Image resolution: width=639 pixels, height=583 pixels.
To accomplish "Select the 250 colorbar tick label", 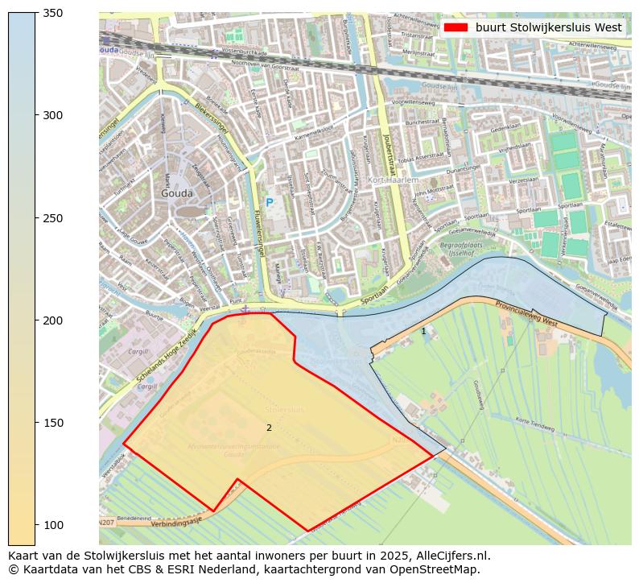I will [x=52, y=218].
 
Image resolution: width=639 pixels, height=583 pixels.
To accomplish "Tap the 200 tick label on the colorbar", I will [x=52, y=320].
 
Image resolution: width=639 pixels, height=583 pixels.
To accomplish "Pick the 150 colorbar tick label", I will [x=52, y=423].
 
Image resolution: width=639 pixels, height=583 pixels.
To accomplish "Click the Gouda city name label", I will [x=177, y=193].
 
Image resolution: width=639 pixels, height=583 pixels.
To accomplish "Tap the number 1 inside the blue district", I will [x=423, y=331].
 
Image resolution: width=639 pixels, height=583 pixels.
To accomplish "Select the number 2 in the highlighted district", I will [x=269, y=428].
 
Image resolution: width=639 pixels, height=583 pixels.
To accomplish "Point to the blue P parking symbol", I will [x=270, y=202].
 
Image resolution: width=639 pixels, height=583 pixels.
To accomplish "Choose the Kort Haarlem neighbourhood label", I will [x=393, y=180].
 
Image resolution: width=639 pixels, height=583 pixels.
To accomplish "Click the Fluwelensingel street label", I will [x=258, y=234].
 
